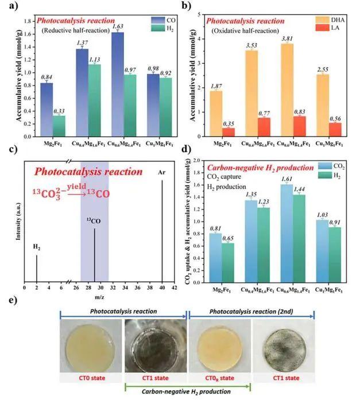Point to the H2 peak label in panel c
point(36,247)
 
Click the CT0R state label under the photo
point(219,378)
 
